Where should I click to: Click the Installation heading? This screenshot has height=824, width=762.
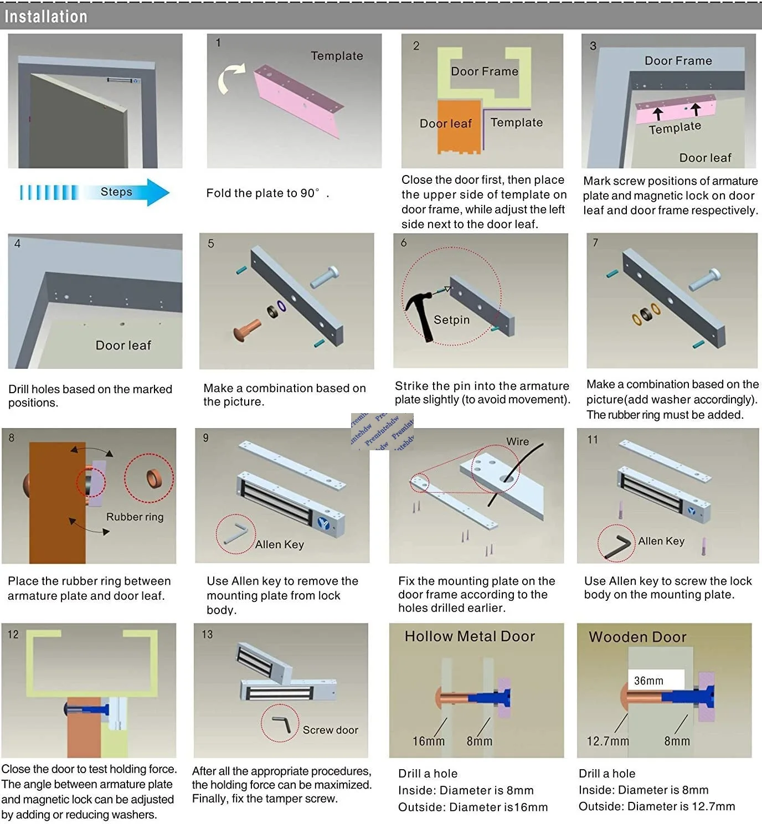click(46, 17)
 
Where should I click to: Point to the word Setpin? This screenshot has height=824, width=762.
click(451, 320)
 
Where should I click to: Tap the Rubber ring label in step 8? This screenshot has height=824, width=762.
click(135, 517)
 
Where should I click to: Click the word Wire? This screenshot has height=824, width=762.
click(517, 441)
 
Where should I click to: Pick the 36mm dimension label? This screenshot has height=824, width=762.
click(648, 681)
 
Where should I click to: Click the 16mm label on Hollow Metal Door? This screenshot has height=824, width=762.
click(428, 741)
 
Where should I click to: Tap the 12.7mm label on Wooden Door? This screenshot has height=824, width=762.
click(607, 741)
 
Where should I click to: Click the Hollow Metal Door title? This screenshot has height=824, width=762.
click(470, 636)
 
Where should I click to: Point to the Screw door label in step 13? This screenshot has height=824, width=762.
click(330, 730)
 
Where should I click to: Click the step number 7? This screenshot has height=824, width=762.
click(595, 243)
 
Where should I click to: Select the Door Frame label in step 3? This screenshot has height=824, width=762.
click(678, 61)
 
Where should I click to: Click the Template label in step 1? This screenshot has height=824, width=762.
click(337, 56)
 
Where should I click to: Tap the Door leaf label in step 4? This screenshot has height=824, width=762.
click(123, 346)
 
